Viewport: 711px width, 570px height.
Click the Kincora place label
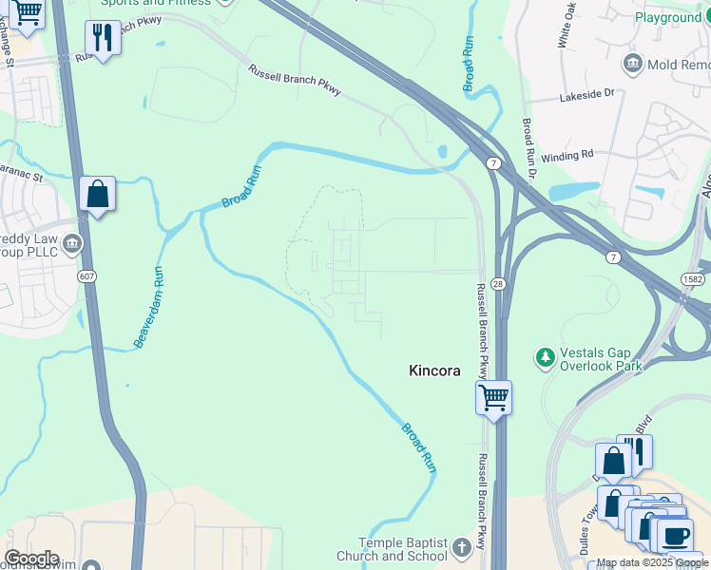(x=434, y=370)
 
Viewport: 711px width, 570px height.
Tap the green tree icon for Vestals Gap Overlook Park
(x=545, y=357)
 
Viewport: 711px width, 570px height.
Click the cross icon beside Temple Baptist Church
(x=461, y=548)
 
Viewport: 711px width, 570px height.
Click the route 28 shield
(x=498, y=284)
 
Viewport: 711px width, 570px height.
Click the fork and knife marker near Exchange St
(x=102, y=38)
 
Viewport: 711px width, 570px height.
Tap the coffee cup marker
(x=676, y=535)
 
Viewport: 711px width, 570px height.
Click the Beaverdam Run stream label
(x=147, y=306)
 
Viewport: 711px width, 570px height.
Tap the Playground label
(x=667, y=17)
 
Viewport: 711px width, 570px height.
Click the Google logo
(x=30, y=559)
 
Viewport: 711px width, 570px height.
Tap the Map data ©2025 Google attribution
(x=652, y=562)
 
